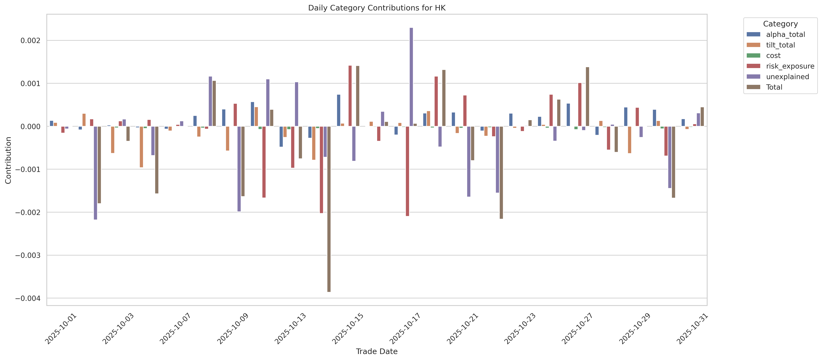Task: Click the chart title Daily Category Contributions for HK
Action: pos(377,8)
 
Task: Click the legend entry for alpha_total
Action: pos(785,34)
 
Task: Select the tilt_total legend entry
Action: pos(780,45)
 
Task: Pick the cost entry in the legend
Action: pos(773,55)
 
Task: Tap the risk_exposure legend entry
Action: pos(790,66)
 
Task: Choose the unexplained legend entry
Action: pos(787,77)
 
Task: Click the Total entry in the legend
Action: pos(774,87)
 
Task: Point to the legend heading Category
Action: pos(780,24)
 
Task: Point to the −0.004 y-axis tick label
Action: pos(28,298)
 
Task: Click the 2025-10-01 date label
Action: pos(61,329)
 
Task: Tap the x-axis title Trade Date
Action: pos(377,351)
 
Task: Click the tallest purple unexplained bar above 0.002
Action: pos(411,77)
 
